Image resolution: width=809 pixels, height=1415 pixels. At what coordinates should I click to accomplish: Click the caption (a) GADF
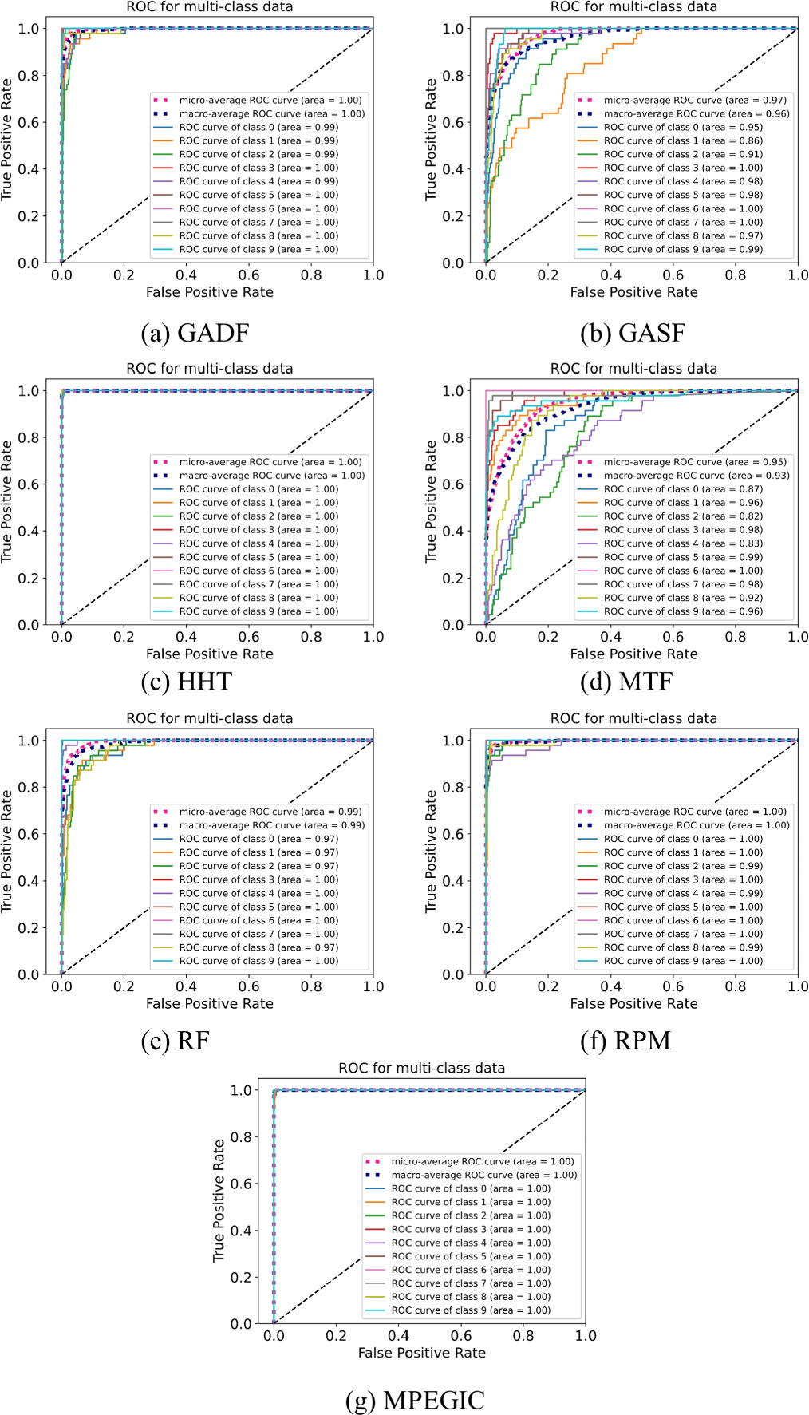[195, 332]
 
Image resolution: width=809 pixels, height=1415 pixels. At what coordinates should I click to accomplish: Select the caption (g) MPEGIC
[415, 1400]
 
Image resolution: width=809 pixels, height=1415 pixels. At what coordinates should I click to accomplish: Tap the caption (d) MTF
[626, 682]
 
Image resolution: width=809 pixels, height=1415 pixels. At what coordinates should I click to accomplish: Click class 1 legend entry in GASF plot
[683, 140]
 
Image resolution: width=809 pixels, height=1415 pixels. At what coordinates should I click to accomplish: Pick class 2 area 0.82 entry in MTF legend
[683, 516]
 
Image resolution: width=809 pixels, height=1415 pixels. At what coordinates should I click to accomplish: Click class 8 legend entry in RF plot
[258, 947]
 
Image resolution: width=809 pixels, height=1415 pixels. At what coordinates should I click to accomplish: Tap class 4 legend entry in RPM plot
[683, 893]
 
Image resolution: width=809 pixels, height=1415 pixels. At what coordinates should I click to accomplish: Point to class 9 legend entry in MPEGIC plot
[471, 1310]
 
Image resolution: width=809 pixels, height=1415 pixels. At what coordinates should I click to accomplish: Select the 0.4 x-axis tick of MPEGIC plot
[398, 1335]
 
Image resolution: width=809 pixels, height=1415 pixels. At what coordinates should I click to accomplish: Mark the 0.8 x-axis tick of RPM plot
[735, 986]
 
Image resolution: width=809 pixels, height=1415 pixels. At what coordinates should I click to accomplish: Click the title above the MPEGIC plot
[421, 1068]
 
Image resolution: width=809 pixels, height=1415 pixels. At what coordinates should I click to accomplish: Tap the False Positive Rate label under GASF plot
[633, 292]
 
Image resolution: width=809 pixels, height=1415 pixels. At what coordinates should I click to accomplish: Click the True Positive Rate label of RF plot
[7, 852]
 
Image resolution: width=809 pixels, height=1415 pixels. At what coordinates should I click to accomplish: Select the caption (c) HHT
[187, 682]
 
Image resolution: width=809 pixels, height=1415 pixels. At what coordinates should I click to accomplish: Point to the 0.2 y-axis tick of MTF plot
[452, 578]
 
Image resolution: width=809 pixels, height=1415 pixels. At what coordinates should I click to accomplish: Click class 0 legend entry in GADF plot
[258, 127]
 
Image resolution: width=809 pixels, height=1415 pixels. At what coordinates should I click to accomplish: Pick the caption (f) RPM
[625, 1041]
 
